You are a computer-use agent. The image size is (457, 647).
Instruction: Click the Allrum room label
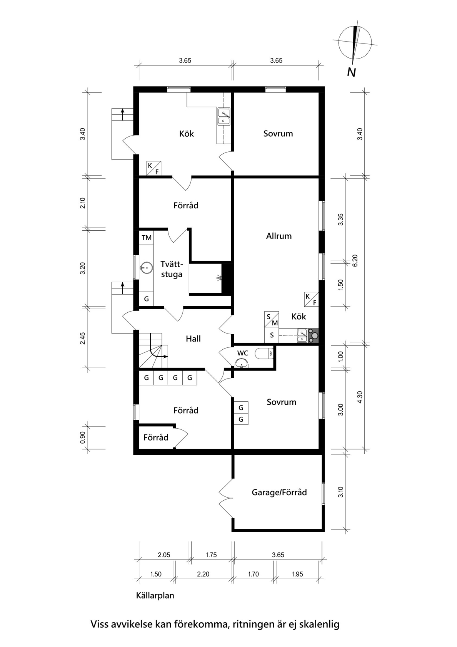click(x=279, y=236)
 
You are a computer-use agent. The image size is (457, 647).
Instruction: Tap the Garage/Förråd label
click(x=279, y=492)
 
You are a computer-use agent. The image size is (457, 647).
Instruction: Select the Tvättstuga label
click(x=172, y=269)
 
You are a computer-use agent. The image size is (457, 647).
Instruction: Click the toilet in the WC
click(x=265, y=353)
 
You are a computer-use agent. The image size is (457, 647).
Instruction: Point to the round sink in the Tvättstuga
click(x=147, y=268)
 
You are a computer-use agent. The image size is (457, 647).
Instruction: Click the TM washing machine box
click(x=147, y=237)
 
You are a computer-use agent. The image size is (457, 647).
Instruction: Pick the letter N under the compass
click(x=351, y=72)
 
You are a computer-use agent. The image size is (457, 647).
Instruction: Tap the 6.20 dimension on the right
click(x=355, y=260)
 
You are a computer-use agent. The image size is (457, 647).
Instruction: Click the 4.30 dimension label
click(x=359, y=399)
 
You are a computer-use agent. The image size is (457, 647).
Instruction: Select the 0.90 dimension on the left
click(x=82, y=437)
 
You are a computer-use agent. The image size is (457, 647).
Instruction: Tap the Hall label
click(x=193, y=339)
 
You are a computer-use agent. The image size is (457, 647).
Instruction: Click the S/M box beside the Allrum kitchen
click(x=272, y=320)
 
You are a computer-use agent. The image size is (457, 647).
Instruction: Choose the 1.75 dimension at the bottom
click(x=211, y=555)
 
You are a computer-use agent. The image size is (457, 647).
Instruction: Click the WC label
click(x=243, y=353)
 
